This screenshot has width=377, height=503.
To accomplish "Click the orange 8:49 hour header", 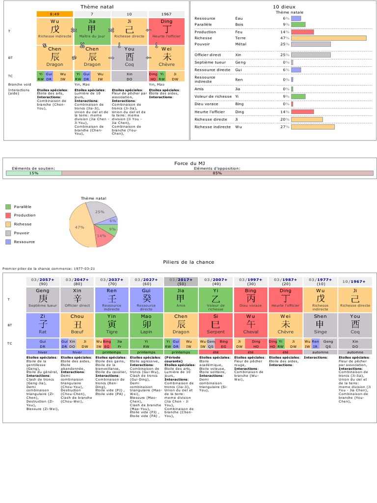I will (x=54, y=14).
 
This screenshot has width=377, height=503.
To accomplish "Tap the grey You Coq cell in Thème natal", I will (x=130, y=56).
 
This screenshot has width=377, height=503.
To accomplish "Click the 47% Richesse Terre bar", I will (x=328, y=38).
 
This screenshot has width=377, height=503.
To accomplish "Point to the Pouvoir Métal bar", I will (x=311, y=44).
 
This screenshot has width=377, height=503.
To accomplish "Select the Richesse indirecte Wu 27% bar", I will (x=313, y=127).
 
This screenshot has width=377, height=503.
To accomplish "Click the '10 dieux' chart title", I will (x=282, y=6).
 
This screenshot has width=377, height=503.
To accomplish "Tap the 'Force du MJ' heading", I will (x=188, y=163).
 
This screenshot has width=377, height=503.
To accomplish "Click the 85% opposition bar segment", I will (x=217, y=173).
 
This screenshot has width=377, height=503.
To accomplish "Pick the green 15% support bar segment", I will (x=33, y=173).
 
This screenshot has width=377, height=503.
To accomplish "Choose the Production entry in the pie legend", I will (x=25, y=215).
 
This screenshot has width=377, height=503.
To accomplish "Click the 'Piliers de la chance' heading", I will (x=188, y=262).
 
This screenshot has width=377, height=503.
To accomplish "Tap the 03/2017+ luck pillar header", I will (x=181, y=281).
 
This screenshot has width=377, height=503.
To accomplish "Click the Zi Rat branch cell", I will (x=43, y=324).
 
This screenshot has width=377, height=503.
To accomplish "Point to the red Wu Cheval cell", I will (x=250, y=324).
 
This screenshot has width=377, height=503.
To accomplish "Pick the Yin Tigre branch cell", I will (x=112, y=324).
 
